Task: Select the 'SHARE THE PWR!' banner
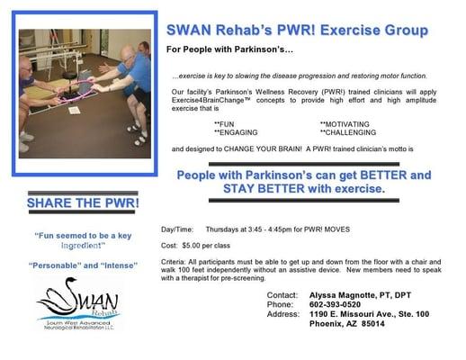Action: (x=83, y=202)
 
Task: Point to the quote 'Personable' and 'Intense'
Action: (x=82, y=267)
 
